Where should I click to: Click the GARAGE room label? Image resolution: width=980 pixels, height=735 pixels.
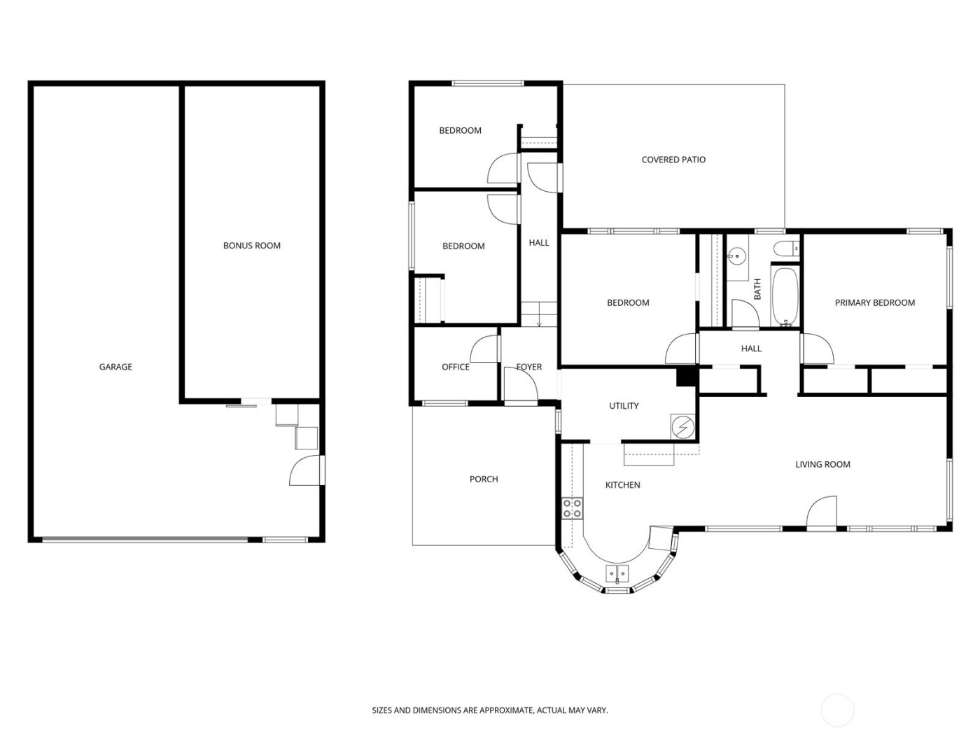115,367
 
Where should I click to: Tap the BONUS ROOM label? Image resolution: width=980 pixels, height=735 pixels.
251,246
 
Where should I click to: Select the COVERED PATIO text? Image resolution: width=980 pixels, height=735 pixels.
673,160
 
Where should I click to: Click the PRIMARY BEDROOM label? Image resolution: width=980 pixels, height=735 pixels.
874,303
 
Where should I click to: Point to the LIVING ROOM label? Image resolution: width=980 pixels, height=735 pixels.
822,464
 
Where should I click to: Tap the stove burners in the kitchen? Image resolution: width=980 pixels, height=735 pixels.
572,507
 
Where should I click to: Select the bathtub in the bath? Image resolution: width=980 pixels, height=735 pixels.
785,297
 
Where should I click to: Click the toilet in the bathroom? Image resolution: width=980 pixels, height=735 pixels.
787,247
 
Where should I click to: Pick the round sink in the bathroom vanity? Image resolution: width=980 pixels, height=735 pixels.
736,257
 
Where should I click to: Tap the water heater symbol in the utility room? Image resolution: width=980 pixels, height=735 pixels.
682,427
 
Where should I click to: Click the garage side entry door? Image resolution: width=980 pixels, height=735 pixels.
305,470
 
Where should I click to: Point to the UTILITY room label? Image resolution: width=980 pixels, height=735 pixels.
624,406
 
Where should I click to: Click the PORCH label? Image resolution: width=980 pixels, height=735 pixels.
484,479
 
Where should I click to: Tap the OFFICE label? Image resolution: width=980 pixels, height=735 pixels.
455,367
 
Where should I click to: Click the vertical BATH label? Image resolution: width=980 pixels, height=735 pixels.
757,290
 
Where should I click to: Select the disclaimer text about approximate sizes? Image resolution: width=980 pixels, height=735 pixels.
489,710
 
